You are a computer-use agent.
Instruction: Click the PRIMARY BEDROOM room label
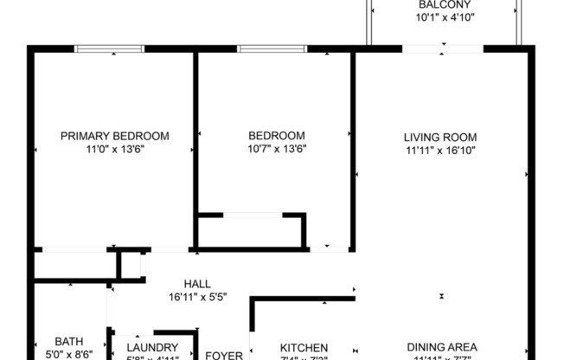[x=114, y=136]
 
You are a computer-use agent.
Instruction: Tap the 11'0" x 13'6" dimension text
[x=114, y=149]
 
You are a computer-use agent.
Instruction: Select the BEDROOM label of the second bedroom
[x=277, y=136]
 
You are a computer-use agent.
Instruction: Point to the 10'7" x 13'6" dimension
[x=277, y=149]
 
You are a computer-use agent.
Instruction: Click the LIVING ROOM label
[x=440, y=137]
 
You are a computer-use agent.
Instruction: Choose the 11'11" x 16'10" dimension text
[x=440, y=150]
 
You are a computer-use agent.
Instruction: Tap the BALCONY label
[x=445, y=4]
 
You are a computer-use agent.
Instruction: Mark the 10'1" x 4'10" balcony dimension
[x=445, y=17]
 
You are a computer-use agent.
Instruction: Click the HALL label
[x=197, y=284]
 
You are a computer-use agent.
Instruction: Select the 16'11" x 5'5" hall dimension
[x=197, y=297]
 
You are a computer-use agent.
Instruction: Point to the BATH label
[x=69, y=342]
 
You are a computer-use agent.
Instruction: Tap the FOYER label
[x=223, y=355]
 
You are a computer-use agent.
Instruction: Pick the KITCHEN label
[x=304, y=348]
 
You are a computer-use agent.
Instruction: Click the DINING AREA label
[x=440, y=348]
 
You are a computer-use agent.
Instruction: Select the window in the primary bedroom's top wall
[x=109, y=49]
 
